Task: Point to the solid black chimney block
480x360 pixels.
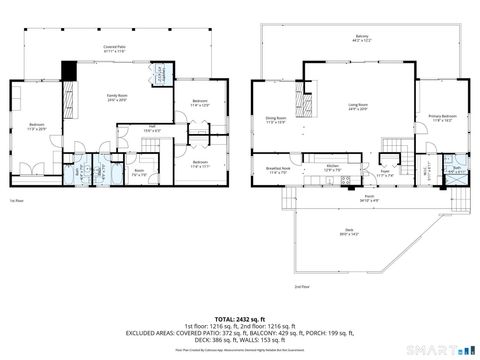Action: tap(68, 72)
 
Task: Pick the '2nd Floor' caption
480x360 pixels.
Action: tap(300, 286)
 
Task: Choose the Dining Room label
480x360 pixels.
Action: tap(274, 120)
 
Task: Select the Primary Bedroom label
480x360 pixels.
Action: tap(443, 118)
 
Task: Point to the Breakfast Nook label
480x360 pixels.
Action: tap(277, 170)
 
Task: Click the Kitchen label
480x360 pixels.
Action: tap(333, 169)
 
